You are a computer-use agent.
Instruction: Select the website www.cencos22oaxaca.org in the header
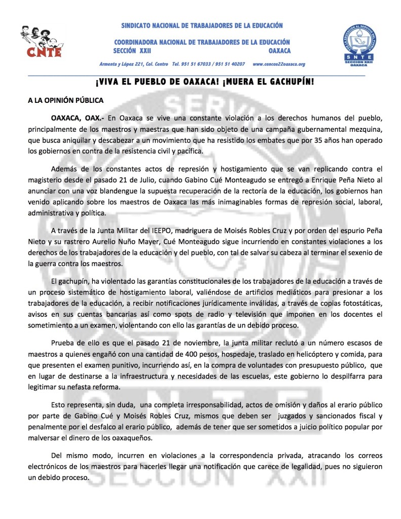tap(278, 64)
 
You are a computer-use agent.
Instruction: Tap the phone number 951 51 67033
tap(191, 64)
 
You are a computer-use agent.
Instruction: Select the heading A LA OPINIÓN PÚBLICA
tap(65, 100)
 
